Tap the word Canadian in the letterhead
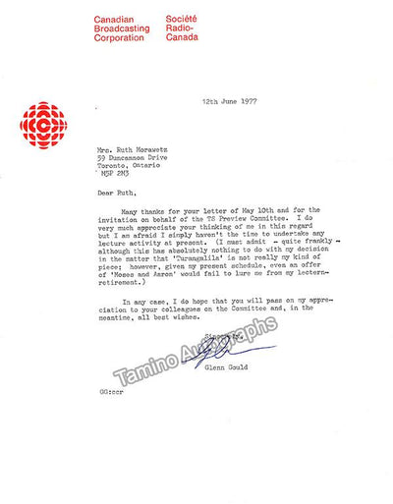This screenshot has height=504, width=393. pyautogui.click(x=114, y=20)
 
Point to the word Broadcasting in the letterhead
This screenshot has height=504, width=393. pyautogui.click(x=121, y=30)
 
